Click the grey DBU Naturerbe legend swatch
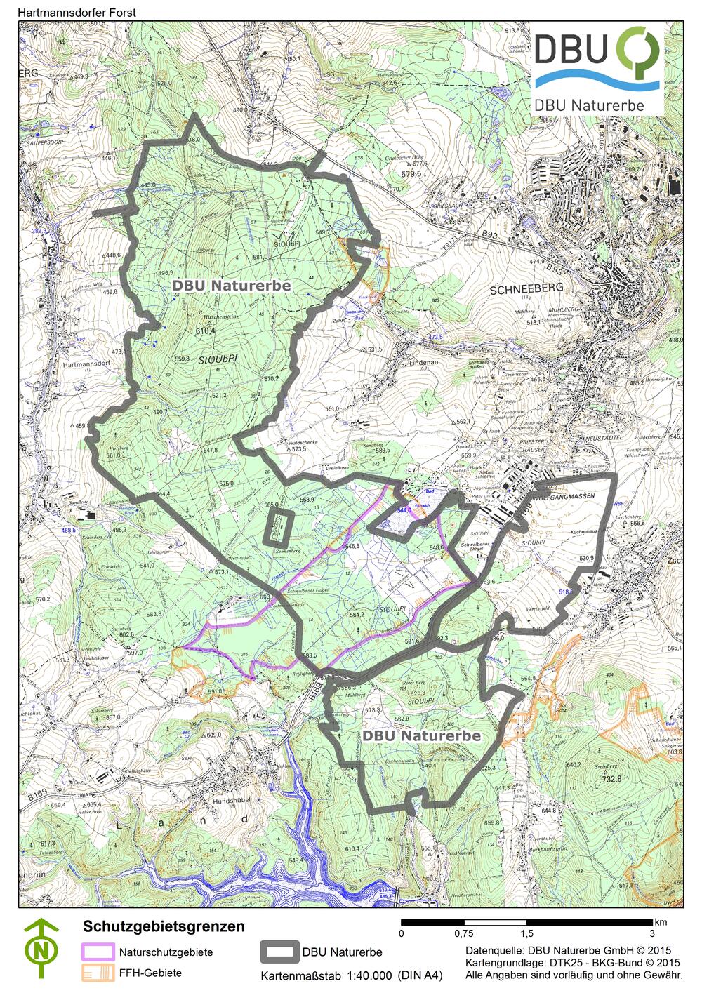[279, 952]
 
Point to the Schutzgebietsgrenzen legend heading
[164, 926]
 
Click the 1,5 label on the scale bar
[526, 933]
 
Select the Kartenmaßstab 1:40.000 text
[351, 975]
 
